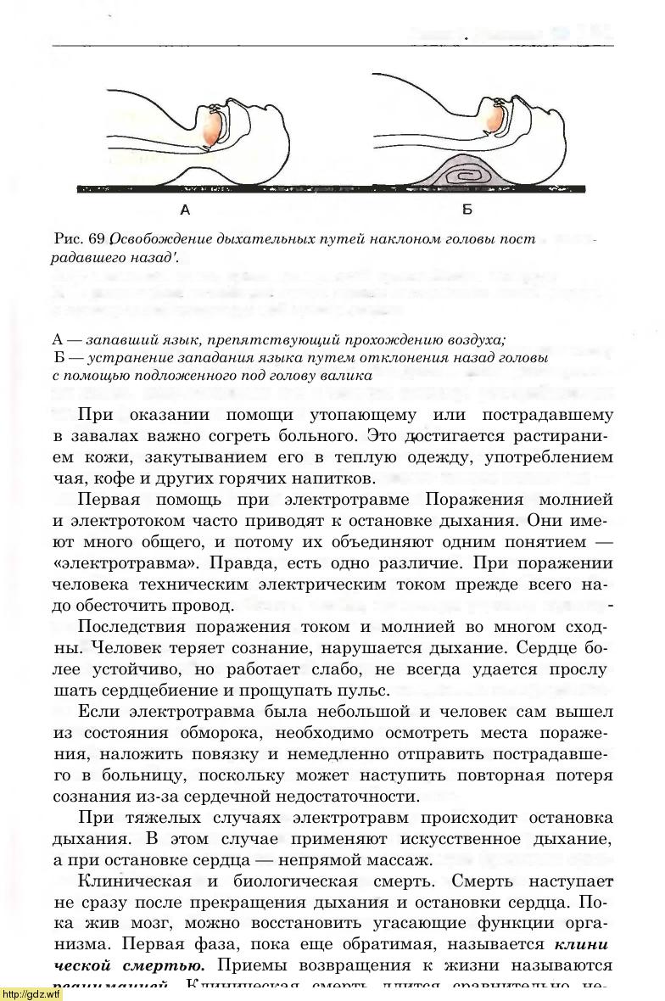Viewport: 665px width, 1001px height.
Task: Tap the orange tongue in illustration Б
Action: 495,118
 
